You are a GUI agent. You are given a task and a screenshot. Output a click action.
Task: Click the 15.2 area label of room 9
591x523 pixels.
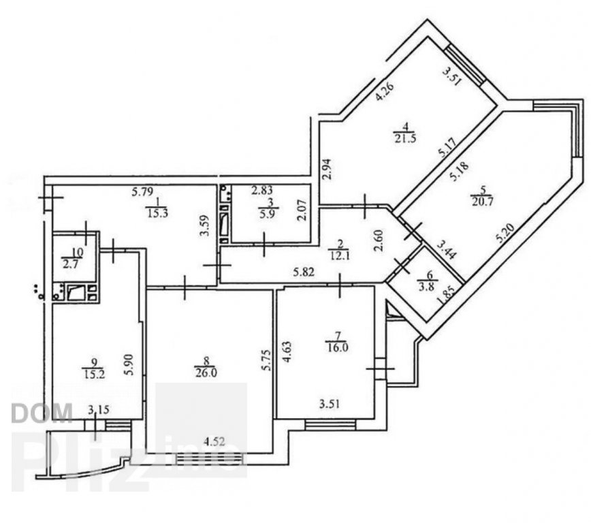94,374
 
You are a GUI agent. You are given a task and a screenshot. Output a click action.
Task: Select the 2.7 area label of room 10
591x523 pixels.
71,264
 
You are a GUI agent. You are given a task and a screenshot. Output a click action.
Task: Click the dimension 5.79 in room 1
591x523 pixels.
142,192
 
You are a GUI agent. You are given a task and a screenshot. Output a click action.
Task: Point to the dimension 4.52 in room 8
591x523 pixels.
214,441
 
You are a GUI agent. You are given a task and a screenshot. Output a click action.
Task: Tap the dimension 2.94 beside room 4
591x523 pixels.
327,169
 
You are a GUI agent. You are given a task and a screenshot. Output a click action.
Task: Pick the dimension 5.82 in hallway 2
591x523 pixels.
304,272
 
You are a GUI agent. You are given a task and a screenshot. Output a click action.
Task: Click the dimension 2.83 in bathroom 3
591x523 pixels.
262,191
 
